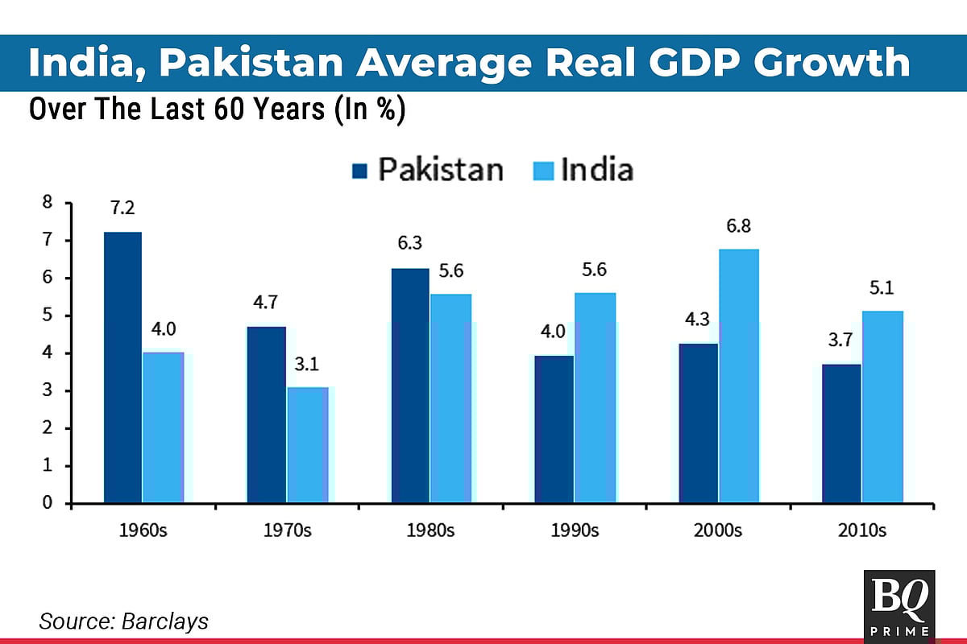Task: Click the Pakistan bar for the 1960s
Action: (122, 367)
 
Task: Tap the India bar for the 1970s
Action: (307, 445)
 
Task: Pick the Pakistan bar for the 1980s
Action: (409, 386)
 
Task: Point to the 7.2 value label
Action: (122, 208)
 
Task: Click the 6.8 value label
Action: (738, 226)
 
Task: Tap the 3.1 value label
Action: (307, 365)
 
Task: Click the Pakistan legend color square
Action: (359, 171)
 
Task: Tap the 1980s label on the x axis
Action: (430, 530)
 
